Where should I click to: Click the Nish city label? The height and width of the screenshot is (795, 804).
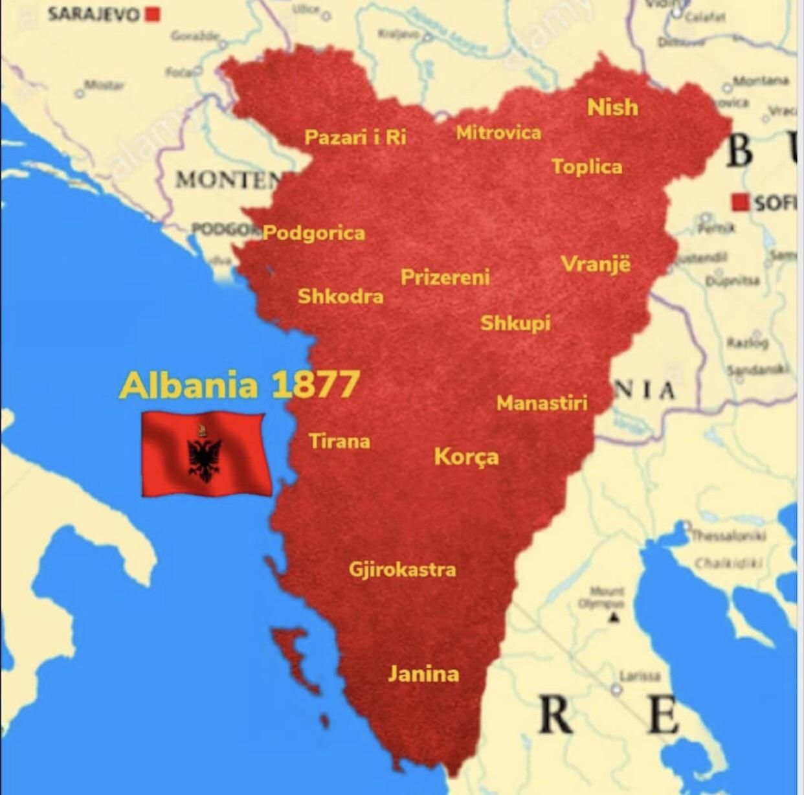612,107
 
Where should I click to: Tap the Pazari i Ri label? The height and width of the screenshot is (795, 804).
355,137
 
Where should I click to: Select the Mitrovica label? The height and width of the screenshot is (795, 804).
498,133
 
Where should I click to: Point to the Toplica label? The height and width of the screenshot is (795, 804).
586,167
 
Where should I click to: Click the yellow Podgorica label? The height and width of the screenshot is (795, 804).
315,233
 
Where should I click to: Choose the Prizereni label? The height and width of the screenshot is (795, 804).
445,278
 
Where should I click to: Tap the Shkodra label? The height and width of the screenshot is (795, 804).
341,297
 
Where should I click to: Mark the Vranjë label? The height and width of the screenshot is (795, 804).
596,264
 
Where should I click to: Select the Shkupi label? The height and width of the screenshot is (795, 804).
515,322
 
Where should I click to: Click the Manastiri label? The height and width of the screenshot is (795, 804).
542,403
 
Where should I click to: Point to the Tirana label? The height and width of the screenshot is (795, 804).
339,442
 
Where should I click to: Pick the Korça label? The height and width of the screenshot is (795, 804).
466,457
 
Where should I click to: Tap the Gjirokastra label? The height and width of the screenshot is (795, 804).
402,570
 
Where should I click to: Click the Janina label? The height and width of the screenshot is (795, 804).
423,674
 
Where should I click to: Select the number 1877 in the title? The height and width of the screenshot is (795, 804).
315,385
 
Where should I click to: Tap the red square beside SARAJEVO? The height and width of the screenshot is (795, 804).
153,14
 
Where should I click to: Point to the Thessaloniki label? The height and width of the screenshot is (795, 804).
728,535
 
